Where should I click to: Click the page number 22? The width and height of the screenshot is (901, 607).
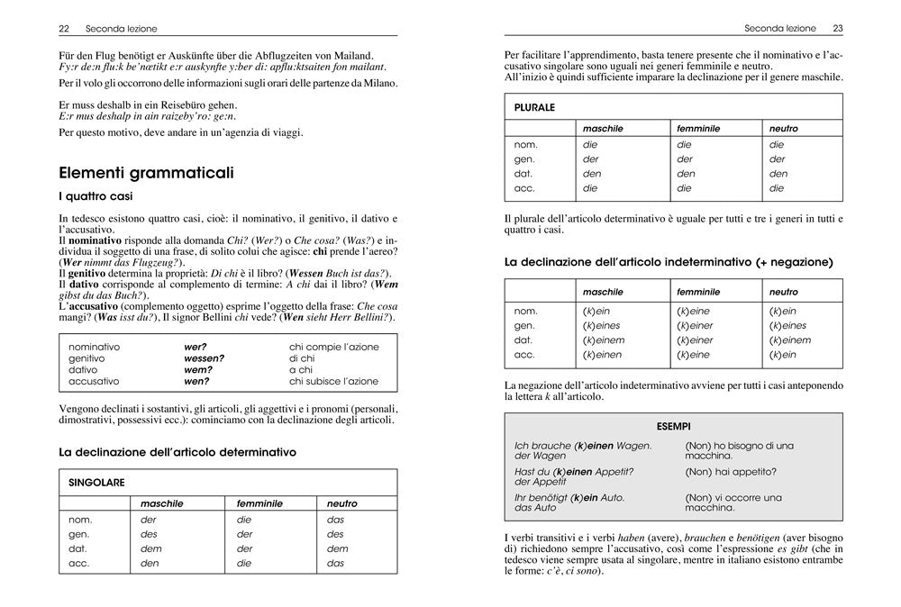(x=64, y=29)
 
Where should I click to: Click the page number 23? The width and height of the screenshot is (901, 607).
(x=837, y=29)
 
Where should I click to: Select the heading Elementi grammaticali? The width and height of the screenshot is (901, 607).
(x=146, y=173)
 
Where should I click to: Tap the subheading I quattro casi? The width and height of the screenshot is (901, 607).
(x=97, y=196)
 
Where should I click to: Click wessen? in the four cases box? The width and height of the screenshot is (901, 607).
(x=204, y=358)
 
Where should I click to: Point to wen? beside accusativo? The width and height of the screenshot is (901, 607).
(x=196, y=382)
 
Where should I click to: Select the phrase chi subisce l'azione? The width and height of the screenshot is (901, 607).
(x=333, y=382)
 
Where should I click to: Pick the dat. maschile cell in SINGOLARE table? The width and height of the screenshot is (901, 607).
(x=151, y=548)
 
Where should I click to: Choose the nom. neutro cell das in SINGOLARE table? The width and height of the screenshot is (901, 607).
(x=335, y=520)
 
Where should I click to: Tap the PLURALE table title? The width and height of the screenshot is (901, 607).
(x=534, y=107)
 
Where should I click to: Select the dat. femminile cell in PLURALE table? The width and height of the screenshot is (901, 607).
(x=686, y=174)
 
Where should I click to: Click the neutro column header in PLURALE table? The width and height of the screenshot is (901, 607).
(x=783, y=129)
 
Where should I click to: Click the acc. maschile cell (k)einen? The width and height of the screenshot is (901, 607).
(x=603, y=355)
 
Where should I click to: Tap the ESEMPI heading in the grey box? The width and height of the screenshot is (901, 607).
(x=674, y=425)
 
